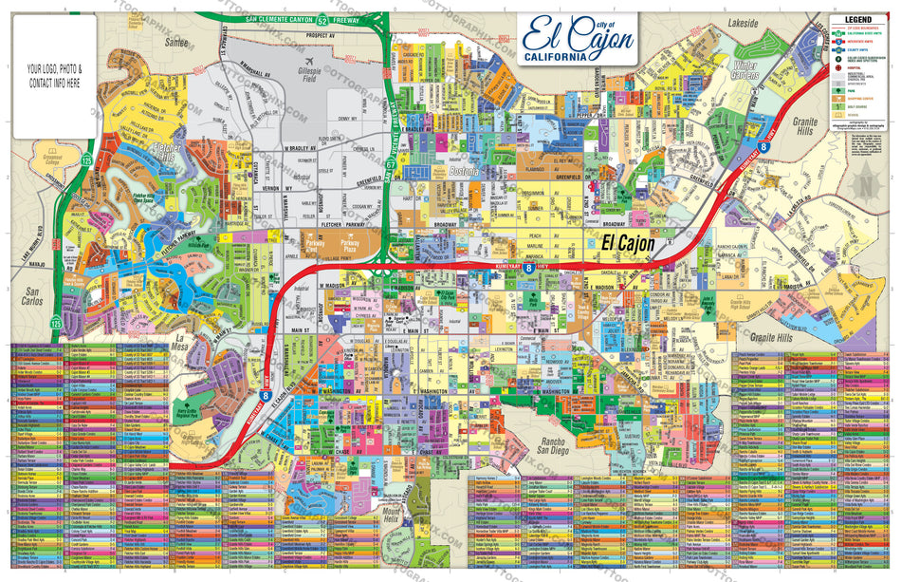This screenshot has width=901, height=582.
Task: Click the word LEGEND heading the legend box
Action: pyautogui.click(x=859, y=20)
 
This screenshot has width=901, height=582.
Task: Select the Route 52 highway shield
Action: pyautogui.click(x=322, y=19)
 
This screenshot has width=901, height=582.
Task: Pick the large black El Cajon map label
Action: pyautogui.click(x=629, y=244)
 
